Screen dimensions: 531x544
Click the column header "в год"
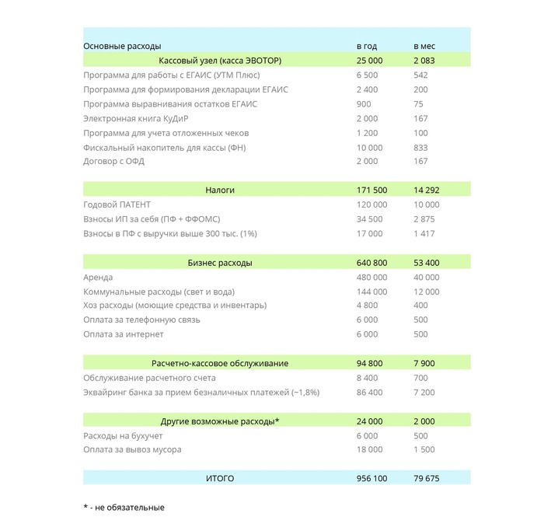coord(366,47)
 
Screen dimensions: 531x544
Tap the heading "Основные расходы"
coord(122,47)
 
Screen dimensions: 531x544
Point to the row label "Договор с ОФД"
coord(113,162)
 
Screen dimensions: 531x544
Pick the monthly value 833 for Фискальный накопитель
coord(420,148)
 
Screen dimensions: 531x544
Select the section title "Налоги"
coord(220,190)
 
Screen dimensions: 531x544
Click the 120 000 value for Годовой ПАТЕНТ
coord(371,204)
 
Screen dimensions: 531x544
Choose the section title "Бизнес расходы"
coord(220,263)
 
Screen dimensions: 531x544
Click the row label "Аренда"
coord(98,278)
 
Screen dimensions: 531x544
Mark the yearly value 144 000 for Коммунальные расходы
coord(371,292)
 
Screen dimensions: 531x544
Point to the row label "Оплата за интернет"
coord(123,334)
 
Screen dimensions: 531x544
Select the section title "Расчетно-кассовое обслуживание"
coord(220,363)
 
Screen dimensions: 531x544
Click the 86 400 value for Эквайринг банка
coord(369,393)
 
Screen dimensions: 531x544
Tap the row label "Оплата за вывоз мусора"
coord(132,449)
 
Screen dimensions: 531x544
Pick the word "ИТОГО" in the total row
coord(220,478)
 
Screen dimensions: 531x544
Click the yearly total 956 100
coord(371,478)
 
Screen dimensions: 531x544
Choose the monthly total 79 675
coord(426,478)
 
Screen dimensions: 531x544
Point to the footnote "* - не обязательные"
coord(124,508)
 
